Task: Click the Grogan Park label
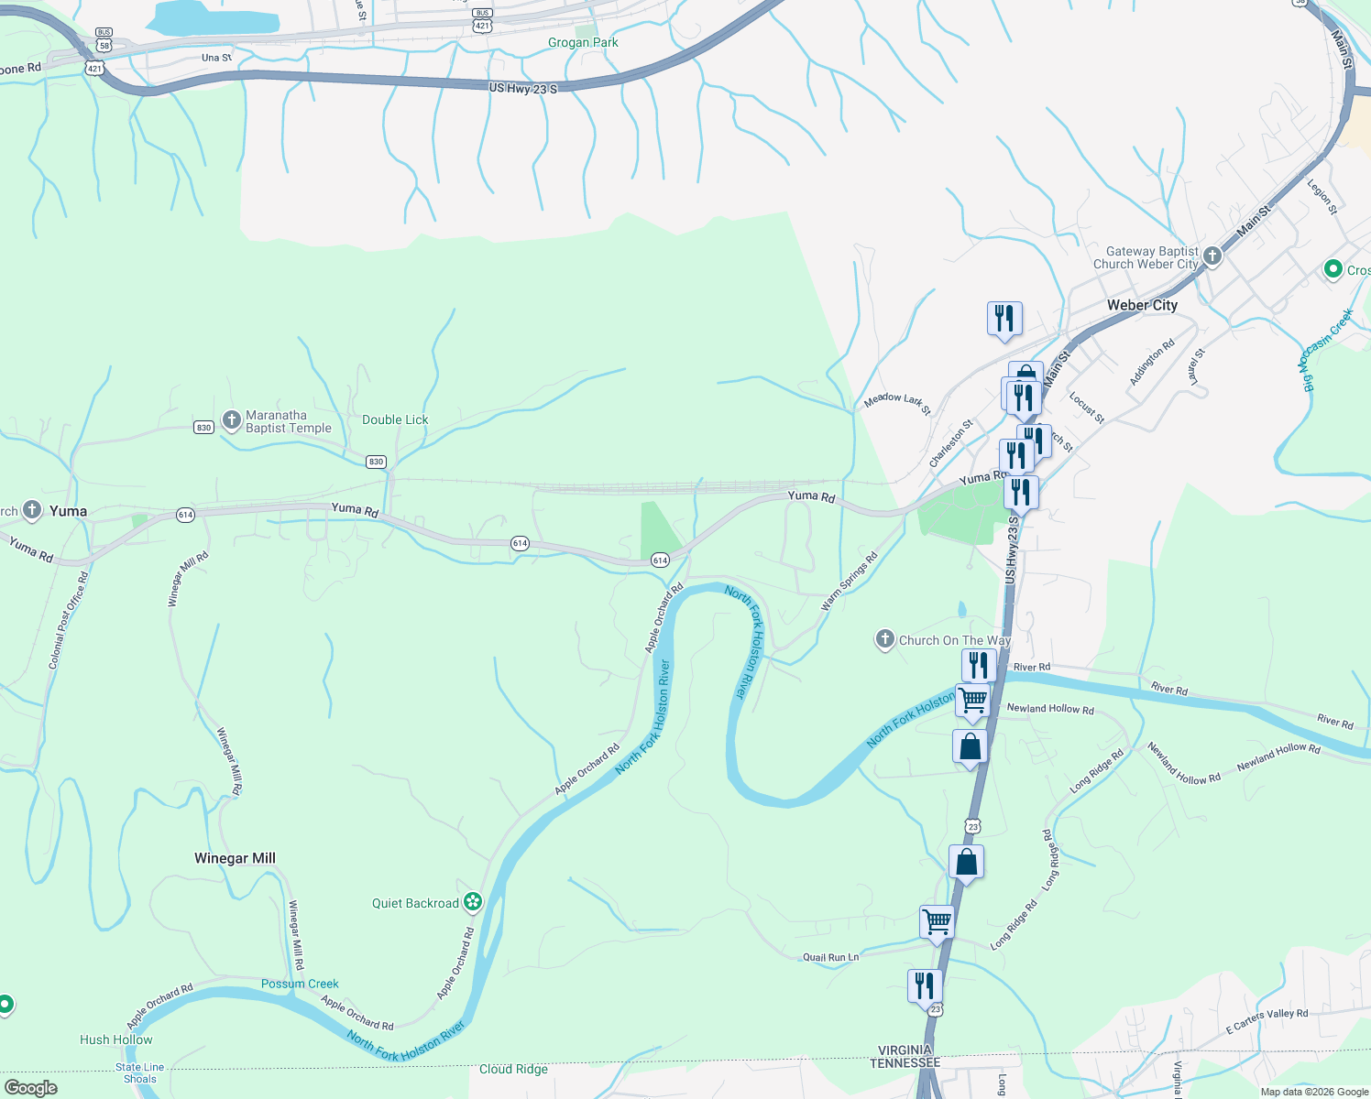click(x=583, y=43)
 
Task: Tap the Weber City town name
click(x=1142, y=305)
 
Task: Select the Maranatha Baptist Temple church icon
click(x=232, y=420)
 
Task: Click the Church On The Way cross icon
click(x=884, y=639)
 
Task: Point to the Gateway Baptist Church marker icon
click(x=1212, y=256)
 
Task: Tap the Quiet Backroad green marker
click(x=473, y=903)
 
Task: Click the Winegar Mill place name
click(x=235, y=858)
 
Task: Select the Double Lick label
click(x=395, y=419)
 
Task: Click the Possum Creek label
click(x=300, y=984)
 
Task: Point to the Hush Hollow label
click(x=116, y=1039)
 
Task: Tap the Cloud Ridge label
click(x=513, y=1069)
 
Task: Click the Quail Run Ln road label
click(x=831, y=957)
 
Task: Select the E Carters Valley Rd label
click(x=1267, y=1020)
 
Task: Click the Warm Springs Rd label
click(x=850, y=581)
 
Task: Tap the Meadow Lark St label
click(x=897, y=403)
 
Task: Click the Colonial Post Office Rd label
click(x=68, y=619)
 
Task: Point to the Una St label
click(x=216, y=58)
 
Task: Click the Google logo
click(x=31, y=1088)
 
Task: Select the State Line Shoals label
click(x=140, y=1072)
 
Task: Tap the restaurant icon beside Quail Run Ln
click(x=925, y=986)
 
